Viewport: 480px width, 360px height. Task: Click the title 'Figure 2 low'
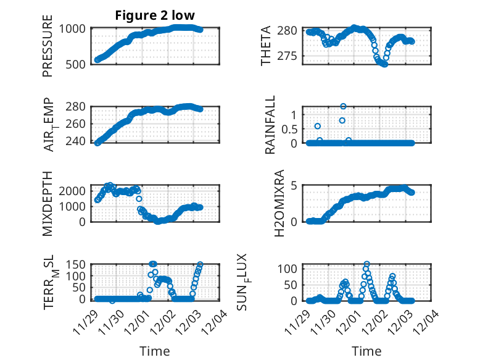(x=155, y=16)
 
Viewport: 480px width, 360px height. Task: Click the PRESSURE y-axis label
(x=48, y=47)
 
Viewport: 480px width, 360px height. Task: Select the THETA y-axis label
(x=266, y=47)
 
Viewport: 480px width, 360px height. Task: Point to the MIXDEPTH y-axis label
(x=48, y=203)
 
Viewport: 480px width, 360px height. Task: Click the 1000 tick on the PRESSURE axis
(x=74, y=28)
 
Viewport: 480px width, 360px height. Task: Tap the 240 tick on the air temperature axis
(x=77, y=141)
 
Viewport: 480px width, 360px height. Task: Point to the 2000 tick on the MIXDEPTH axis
(x=74, y=191)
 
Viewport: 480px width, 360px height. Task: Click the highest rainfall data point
(x=343, y=106)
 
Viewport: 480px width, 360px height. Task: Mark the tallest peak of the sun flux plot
(x=367, y=264)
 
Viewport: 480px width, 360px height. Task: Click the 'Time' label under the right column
(x=366, y=351)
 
